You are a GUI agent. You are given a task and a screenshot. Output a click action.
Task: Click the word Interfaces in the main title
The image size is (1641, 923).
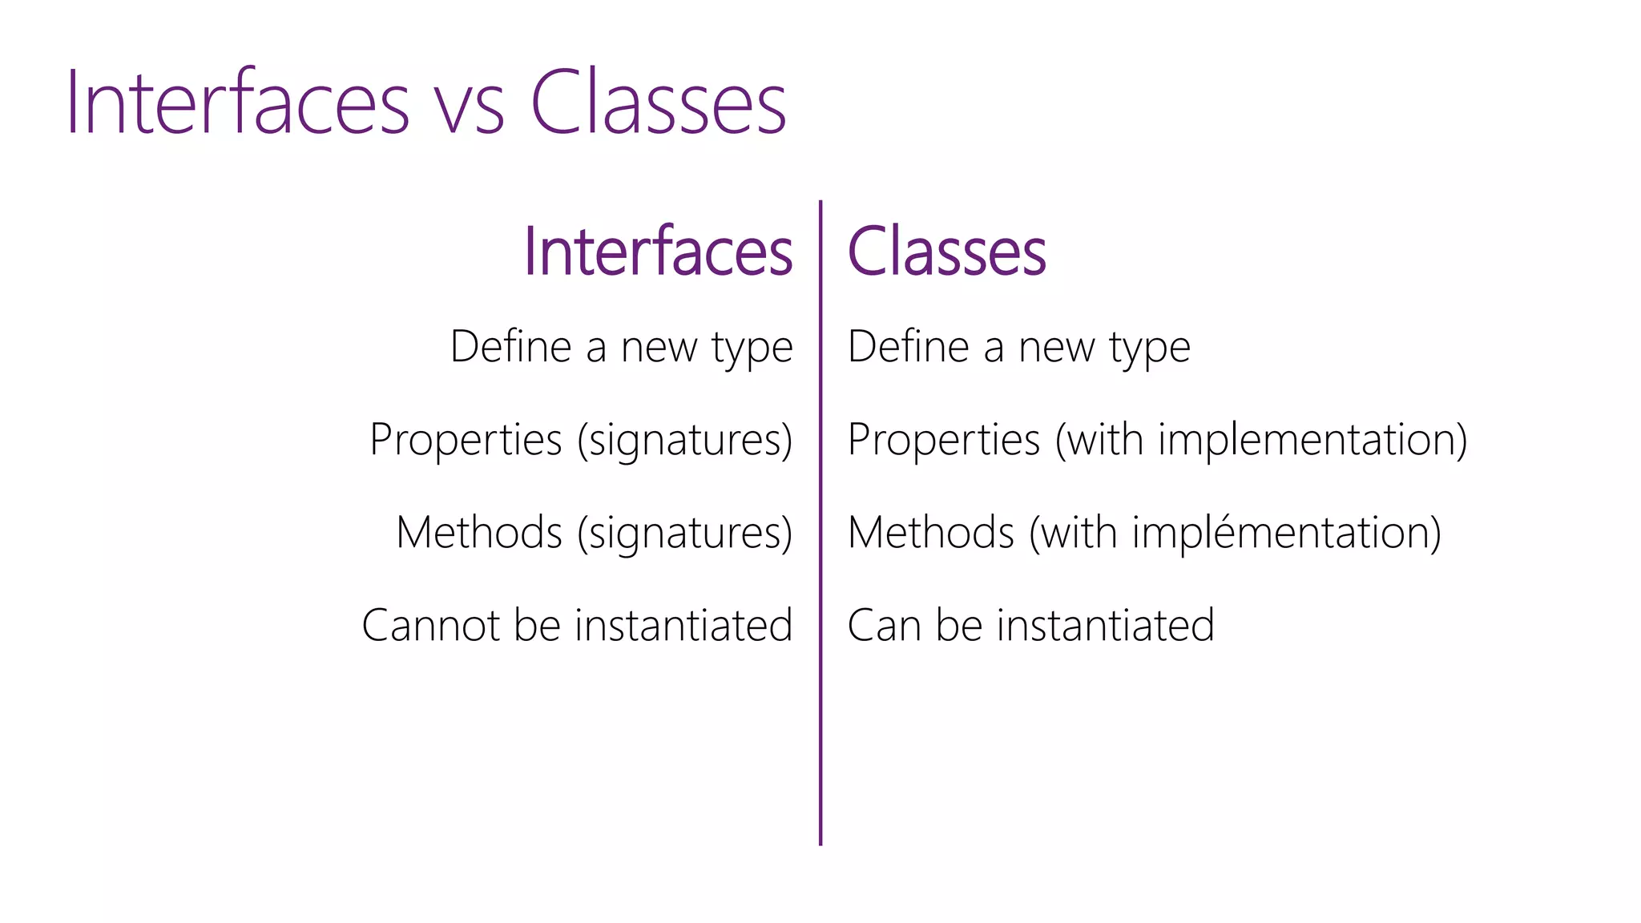click(237, 103)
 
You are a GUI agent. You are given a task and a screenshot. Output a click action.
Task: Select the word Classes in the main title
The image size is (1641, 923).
click(658, 103)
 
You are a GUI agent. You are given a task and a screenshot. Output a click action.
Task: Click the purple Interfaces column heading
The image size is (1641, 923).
click(658, 252)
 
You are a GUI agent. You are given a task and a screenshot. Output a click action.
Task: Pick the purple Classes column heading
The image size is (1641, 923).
click(946, 252)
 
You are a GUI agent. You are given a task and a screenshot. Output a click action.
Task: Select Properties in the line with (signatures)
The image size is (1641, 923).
click(466, 441)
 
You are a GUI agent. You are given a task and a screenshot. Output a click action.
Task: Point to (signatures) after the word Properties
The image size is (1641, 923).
click(685, 441)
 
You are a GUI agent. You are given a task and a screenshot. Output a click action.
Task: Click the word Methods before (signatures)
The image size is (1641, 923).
click(479, 533)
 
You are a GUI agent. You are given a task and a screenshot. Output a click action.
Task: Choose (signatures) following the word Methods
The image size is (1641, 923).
click(685, 534)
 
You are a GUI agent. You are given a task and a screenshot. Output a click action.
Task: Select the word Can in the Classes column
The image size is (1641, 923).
click(884, 626)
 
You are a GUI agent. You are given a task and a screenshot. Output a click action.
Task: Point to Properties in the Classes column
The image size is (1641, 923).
click(944, 441)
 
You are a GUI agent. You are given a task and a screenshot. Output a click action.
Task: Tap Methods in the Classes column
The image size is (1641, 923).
click(931, 533)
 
